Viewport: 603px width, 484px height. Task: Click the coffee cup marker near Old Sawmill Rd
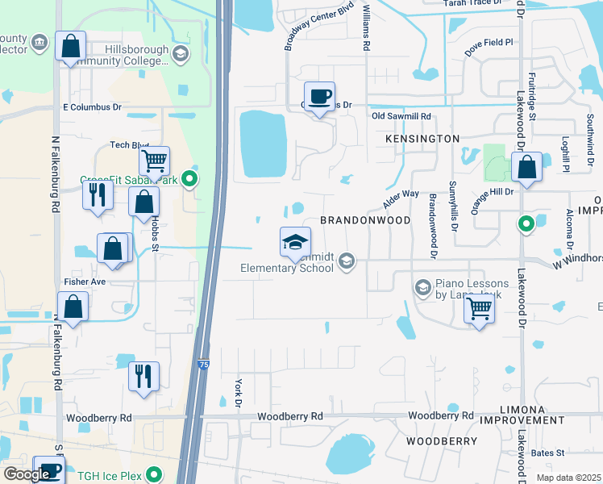pyautogui.click(x=319, y=98)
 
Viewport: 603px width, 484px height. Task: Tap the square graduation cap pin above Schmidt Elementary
pyautogui.click(x=295, y=242)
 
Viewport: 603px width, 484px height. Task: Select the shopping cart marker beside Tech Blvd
pyautogui.click(x=153, y=161)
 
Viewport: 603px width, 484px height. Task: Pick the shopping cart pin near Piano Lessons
pyautogui.click(x=480, y=308)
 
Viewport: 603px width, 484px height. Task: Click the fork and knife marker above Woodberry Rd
pyautogui.click(x=143, y=377)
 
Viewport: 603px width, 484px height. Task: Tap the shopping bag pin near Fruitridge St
pyautogui.click(x=526, y=169)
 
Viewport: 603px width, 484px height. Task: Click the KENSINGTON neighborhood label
pyautogui.click(x=410, y=139)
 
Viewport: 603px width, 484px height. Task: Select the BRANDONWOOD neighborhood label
pyautogui.click(x=365, y=220)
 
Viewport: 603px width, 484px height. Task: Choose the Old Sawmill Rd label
pyautogui.click(x=401, y=117)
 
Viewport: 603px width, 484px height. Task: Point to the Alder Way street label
pyautogui.click(x=400, y=198)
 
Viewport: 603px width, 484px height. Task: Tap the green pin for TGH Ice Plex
pyautogui.click(x=160, y=475)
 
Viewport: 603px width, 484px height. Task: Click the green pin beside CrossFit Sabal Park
pyautogui.click(x=190, y=179)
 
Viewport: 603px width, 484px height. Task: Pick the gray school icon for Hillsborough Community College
pyautogui.click(x=181, y=54)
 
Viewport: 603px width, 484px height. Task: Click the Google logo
pyautogui.click(x=26, y=474)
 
